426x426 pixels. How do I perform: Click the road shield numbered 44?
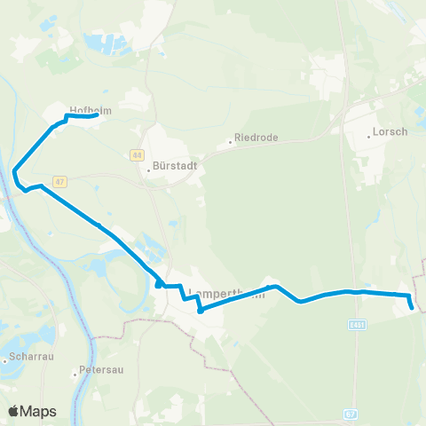(x=137, y=154)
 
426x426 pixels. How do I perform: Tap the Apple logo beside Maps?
(x=14, y=412)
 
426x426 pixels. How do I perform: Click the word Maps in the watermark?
(x=38, y=412)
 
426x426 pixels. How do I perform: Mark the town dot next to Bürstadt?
(x=149, y=171)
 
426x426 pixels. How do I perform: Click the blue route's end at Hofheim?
(x=96, y=114)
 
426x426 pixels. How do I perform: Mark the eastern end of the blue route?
(x=413, y=308)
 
